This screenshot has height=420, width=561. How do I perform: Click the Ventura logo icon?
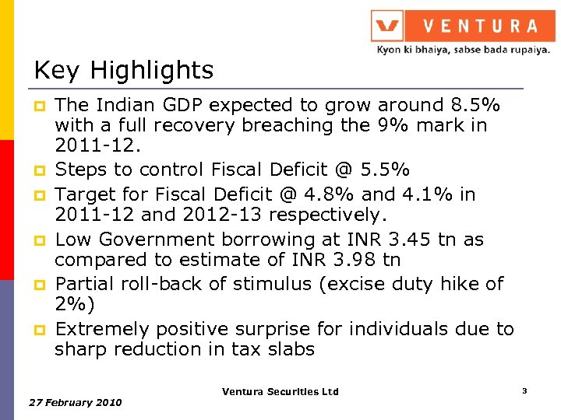[387, 26]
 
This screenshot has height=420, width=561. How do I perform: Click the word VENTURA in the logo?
[480, 26]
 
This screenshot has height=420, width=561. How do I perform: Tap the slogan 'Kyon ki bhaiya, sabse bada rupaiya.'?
[464, 49]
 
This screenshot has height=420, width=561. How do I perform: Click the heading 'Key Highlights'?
[123, 71]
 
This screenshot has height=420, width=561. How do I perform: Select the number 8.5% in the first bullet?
[476, 105]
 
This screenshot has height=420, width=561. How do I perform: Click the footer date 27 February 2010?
[75, 402]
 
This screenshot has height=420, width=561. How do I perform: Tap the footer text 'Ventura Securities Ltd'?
[280, 391]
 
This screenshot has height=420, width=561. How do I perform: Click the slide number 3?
[524, 390]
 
